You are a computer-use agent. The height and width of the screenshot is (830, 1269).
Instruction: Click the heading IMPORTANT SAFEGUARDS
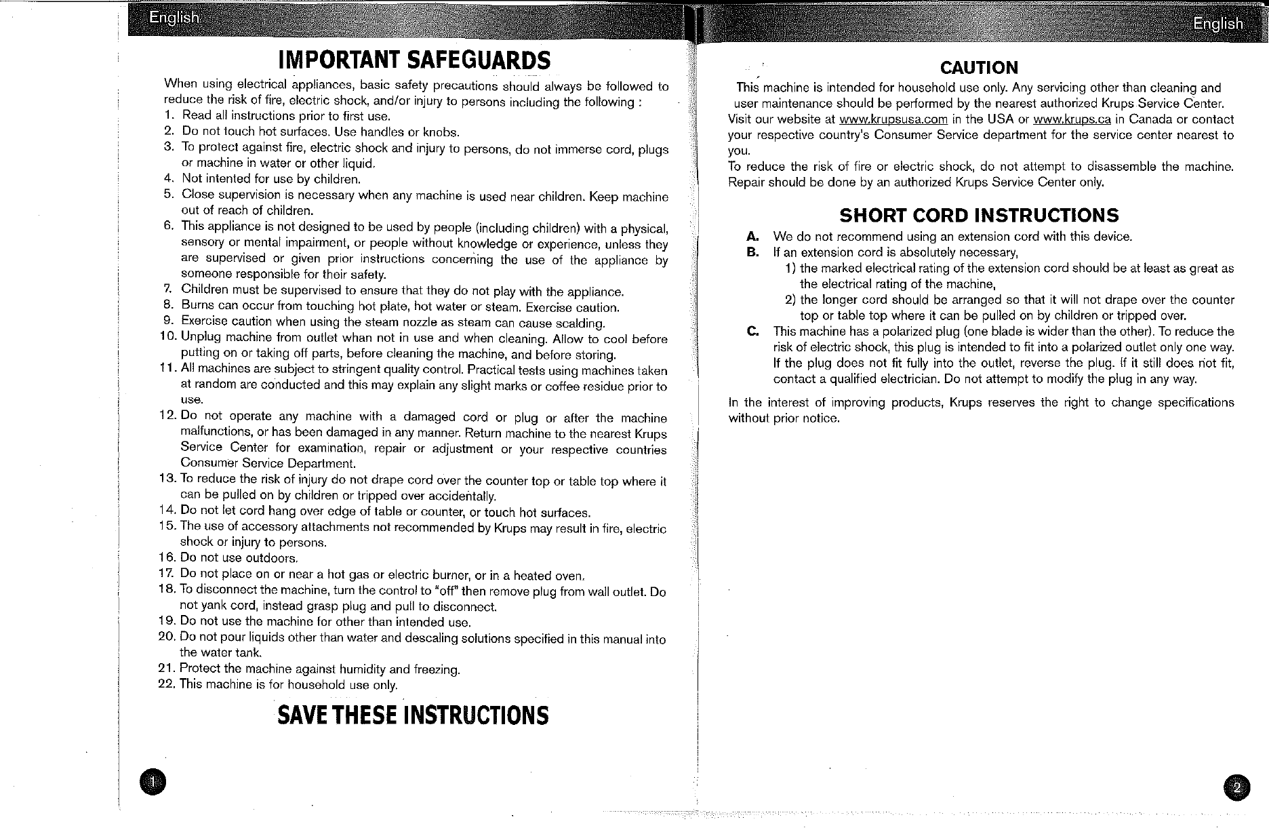coord(414,60)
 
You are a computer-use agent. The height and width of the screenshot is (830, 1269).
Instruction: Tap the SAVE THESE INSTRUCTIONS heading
coord(413,715)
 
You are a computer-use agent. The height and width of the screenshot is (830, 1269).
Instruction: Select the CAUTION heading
coord(979,68)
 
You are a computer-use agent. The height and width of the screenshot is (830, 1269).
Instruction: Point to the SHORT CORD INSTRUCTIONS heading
coord(979,216)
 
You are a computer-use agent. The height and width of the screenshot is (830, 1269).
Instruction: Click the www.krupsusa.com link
coord(893,119)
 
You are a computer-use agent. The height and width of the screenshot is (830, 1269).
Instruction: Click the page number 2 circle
coord(1236,788)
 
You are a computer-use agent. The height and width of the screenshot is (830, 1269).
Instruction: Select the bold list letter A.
coord(752,237)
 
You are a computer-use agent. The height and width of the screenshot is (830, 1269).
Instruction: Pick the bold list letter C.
coord(752,332)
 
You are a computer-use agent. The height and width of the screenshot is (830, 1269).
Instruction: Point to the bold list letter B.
coord(752,253)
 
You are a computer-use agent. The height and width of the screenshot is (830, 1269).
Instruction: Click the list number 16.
coord(166,558)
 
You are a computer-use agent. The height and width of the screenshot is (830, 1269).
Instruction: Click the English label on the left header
coord(174,18)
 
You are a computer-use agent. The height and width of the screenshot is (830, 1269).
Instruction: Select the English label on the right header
coord(1217,24)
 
